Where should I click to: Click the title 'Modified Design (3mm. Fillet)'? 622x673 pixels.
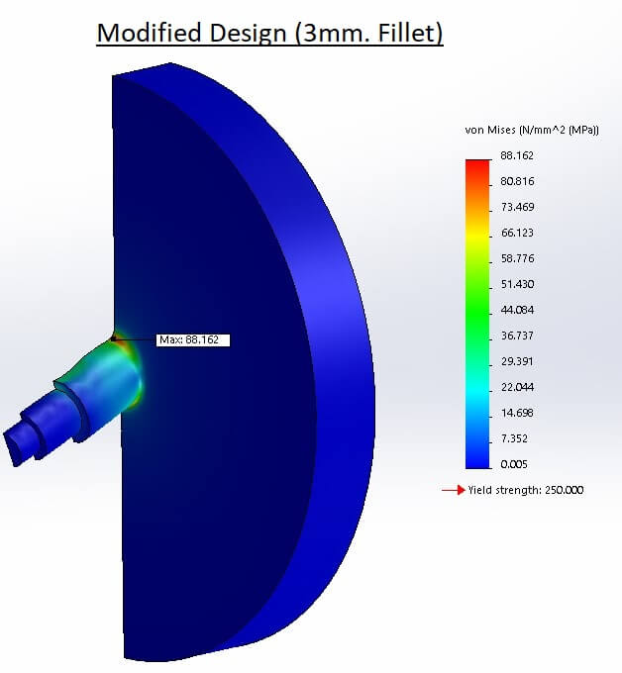click(268, 33)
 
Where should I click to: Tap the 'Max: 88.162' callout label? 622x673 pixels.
click(193, 339)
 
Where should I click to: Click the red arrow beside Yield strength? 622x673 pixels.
click(453, 490)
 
